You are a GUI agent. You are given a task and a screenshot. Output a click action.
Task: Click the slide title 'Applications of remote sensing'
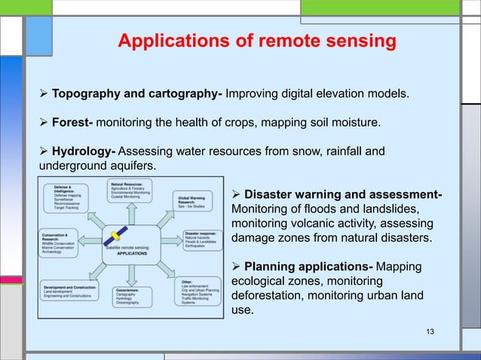[x=257, y=41]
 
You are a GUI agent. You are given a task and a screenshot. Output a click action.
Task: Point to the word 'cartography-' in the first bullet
[x=184, y=94]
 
